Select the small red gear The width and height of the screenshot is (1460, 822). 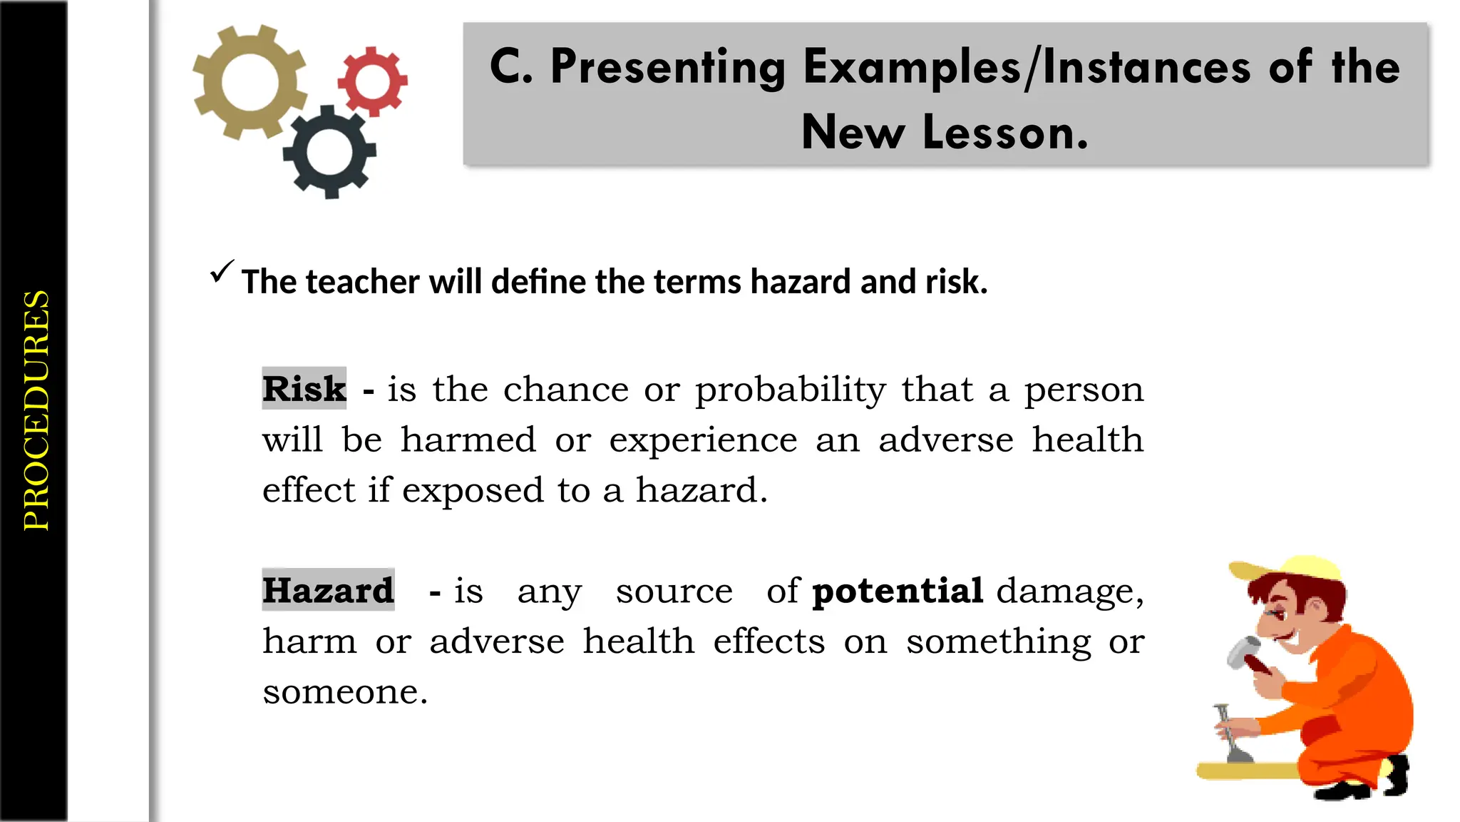click(372, 81)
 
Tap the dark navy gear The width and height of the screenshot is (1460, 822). click(329, 151)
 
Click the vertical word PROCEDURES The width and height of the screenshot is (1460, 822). click(36, 410)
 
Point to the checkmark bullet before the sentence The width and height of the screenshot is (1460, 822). click(221, 272)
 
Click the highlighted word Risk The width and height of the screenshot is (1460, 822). click(304, 389)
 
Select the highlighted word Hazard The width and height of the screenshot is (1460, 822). click(328, 590)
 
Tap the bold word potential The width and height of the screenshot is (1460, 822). click(898, 591)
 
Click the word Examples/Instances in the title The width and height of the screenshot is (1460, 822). click(1027, 68)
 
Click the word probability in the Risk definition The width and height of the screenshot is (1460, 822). click(791, 390)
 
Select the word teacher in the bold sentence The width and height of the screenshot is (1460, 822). click(364, 282)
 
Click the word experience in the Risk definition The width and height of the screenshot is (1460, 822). click(703, 440)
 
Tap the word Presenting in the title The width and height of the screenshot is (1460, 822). click(667, 68)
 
